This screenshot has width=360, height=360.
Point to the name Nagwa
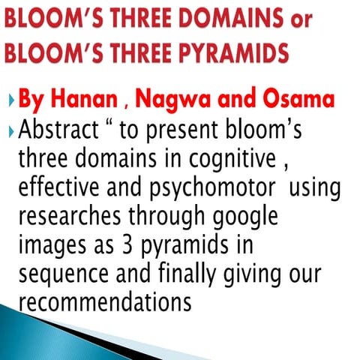pyautogui.click(x=167, y=101)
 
